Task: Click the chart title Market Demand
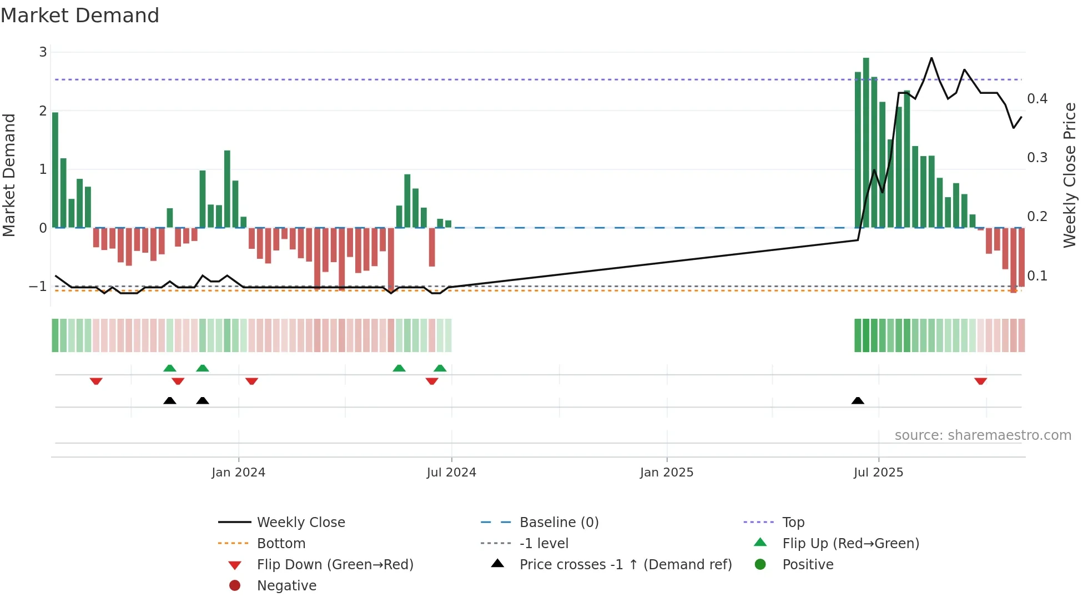point(80,16)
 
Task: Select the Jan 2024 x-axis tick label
point(238,473)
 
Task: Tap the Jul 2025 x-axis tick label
point(878,473)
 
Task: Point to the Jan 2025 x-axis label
point(666,473)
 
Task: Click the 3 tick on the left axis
point(43,52)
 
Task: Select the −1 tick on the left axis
point(38,287)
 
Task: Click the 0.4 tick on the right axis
point(1037,99)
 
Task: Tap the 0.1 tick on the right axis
point(1037,276)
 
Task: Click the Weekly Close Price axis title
point(1070,175)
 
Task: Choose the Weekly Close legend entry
point(300,523)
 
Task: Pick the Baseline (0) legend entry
point(558,523)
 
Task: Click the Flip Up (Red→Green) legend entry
point(850,544)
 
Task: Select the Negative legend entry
point(286,586)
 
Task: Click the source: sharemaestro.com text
point(983,435)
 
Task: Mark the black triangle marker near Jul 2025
point(858,400)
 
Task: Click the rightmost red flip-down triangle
point(980,381)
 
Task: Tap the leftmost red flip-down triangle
point(96,381)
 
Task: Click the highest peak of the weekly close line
point(931,58)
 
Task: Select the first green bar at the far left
point(55,169)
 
